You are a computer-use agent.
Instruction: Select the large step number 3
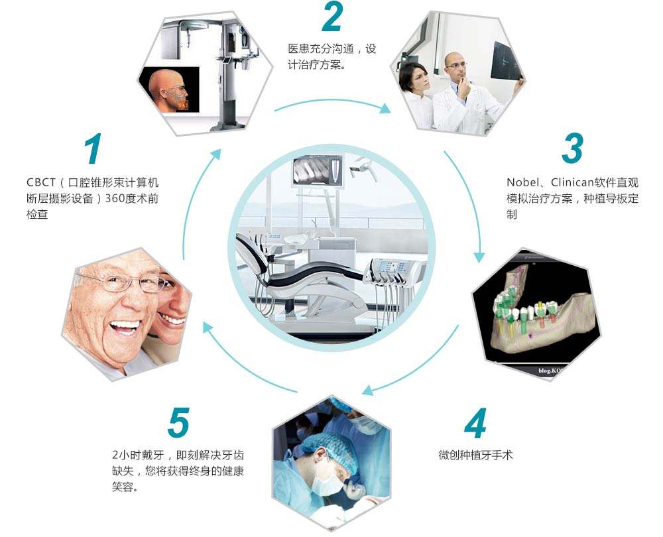[x=573, y=149]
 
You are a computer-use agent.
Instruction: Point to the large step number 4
[x=475, y=423]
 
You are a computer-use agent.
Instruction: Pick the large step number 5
[x=178, y=422]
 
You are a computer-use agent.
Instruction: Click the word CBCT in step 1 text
[x=41, y=182]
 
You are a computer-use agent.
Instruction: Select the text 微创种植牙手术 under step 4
[x=475, y=455]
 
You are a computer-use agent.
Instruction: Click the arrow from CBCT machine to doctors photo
[x=332, y=101]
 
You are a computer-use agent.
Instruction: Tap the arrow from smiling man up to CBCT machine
[x=192, y=199]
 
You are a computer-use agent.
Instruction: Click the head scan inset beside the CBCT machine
[x=170, y=89]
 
